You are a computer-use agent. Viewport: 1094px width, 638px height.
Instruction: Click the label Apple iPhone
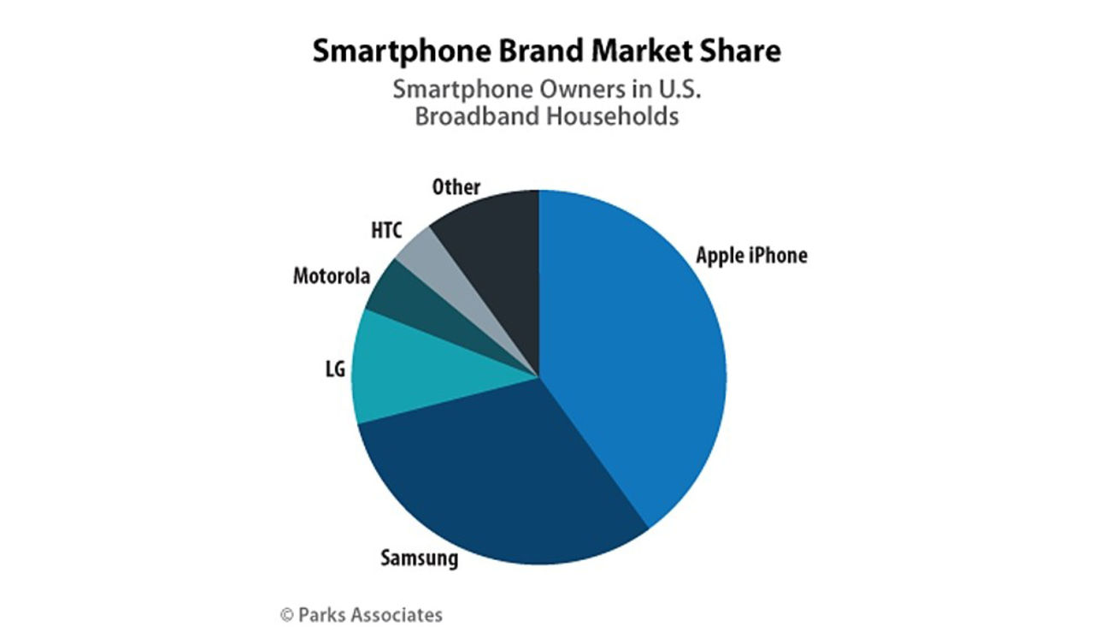click(751, 255)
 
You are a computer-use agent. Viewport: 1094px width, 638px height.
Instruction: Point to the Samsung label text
click(419, 558)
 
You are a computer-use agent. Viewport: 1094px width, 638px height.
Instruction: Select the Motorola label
click(332, 276)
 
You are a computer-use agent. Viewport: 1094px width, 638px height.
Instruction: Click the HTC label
click(386, 231)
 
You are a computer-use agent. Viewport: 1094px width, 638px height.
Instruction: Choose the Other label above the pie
click(456, 186)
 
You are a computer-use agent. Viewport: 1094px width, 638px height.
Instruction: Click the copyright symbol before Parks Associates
click(287, 614)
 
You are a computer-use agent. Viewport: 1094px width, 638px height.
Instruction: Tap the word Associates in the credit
click(401, 614)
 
